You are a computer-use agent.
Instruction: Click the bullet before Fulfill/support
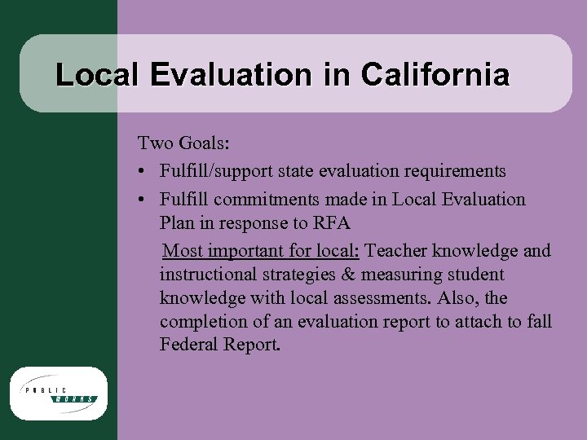[143, 172]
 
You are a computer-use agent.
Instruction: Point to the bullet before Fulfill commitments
[143, 200]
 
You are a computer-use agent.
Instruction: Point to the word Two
[153, 144]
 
